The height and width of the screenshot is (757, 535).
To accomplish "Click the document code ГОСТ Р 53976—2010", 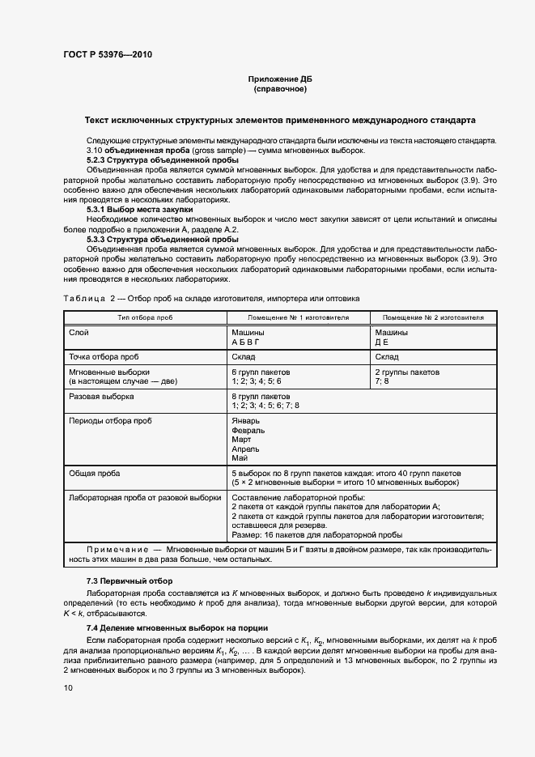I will tap(108, 55).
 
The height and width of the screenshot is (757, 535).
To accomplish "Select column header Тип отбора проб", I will tap(146, 318).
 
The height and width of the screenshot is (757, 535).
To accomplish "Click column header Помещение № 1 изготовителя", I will tap(298, 318).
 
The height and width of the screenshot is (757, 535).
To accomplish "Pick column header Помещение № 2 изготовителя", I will tap(433, 318).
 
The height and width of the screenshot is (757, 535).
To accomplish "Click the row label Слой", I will tap(79, 333).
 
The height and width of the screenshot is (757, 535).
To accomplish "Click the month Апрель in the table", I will tap(245, 448).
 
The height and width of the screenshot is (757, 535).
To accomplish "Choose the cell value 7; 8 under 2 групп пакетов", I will tap(382, 381).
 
